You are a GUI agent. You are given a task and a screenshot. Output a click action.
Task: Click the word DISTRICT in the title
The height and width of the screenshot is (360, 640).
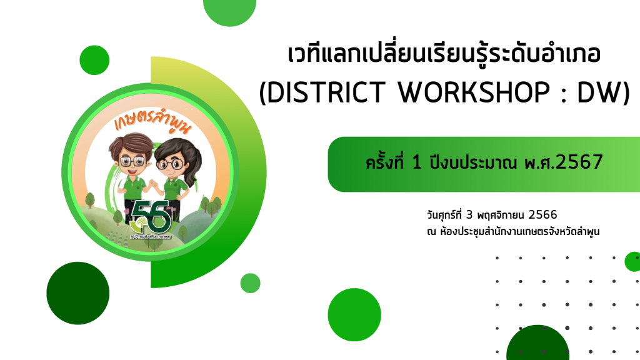point(326,92)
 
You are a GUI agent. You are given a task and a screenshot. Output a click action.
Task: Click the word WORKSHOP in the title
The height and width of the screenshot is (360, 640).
point(474,92)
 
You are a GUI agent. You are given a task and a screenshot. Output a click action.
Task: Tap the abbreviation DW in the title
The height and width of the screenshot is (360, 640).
point(599,92)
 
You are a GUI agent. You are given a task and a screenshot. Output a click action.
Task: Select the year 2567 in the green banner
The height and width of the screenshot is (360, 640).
point(579,162)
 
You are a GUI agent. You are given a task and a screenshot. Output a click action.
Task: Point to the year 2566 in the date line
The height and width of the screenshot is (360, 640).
point(542,215)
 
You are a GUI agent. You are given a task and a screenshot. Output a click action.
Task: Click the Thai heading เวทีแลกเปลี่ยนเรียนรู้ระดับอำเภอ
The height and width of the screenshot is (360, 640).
point(444,55)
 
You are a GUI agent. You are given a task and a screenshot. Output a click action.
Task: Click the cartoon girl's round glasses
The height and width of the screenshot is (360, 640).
point(170,164)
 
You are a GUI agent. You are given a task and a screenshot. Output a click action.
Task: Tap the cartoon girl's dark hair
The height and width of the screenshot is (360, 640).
point(182,157)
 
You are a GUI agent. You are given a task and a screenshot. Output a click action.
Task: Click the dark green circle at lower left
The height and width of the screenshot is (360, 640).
point(78,293)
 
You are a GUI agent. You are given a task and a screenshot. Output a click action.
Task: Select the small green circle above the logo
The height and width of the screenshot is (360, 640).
point(94,60)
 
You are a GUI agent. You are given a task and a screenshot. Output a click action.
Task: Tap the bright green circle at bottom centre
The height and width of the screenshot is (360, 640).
point(354,315)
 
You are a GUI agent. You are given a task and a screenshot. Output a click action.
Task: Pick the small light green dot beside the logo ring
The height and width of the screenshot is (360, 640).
point(250,283)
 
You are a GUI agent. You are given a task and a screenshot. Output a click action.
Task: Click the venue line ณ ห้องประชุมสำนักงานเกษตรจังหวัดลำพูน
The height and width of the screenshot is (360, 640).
point(513,232)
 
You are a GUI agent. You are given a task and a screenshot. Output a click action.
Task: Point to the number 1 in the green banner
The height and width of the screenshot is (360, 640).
point(416,162)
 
